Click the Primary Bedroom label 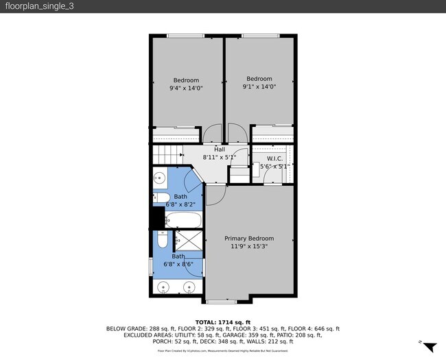pos(249,239)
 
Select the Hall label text pos(220,149)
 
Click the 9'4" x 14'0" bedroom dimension pos(186,88)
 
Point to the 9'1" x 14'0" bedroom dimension pos(259,87)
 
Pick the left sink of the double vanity pos(162,287)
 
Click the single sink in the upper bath pos(159,179)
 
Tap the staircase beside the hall pos(169,155)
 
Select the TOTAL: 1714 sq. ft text pos(223,322)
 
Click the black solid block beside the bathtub pos(157,218)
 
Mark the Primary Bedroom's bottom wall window pos(222,301)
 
